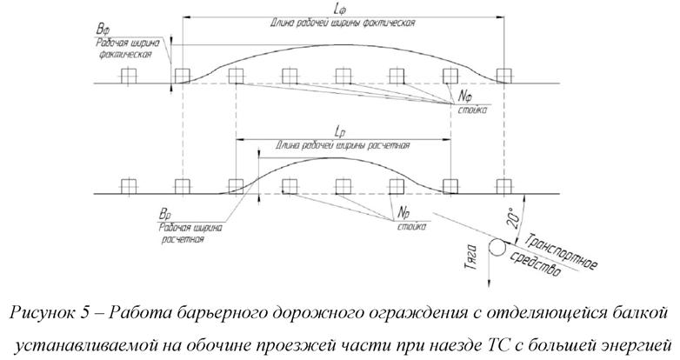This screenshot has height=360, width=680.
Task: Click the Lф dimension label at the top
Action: [341, 8]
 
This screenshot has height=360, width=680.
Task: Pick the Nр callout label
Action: [403, 212]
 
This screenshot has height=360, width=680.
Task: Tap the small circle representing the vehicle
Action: [498, 248]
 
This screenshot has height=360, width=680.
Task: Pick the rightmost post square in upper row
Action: [503, 74]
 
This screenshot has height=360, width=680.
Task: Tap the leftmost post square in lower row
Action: [128, 185]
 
